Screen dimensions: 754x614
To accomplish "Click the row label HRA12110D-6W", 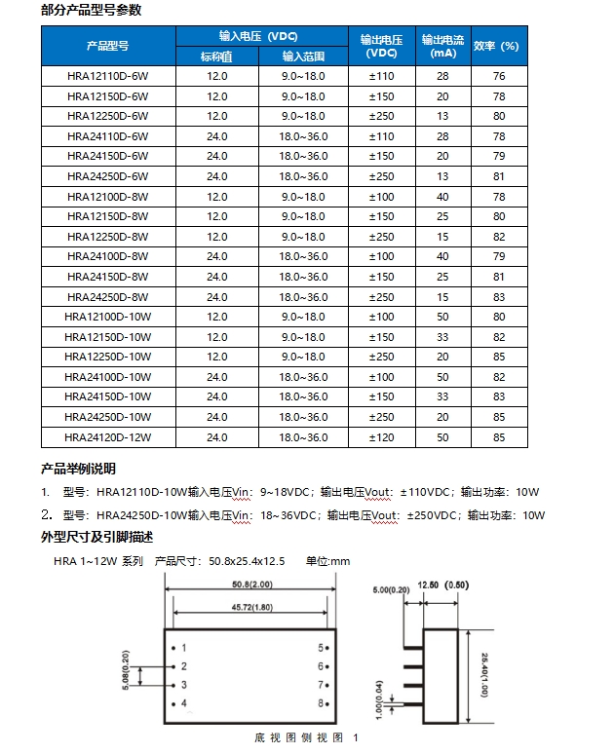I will [107, 76].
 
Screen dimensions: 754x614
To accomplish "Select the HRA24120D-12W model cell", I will [107, 437].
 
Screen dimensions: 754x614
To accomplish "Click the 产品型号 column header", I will [107, 46].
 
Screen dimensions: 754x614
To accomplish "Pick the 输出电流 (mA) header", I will [442, 46].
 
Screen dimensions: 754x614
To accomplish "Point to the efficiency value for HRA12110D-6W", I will [499, 76].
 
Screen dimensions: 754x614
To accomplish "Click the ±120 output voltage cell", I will [381, 437].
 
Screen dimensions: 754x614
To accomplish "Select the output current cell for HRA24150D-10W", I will [442, 396].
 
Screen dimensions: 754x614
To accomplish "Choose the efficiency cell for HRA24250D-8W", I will [499, 296].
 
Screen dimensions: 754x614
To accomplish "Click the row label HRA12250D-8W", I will [107, 236].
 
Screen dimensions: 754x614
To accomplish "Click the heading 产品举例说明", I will [78, 469].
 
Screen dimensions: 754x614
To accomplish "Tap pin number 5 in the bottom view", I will [320, 648].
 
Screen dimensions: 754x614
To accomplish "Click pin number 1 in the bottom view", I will [183, 648].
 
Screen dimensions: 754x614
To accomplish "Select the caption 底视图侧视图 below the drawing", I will [300, 737].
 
